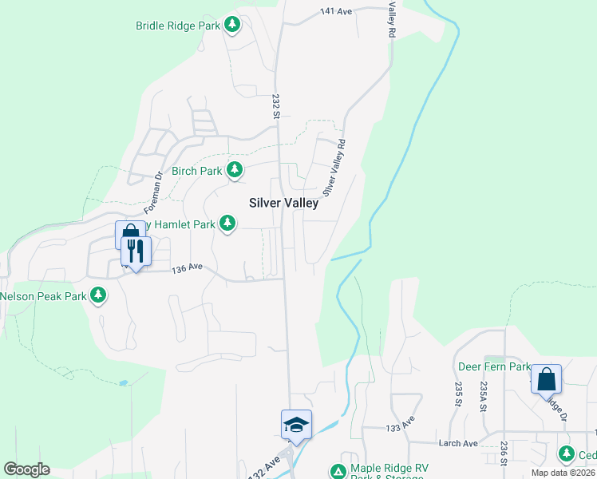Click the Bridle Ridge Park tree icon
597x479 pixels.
pyautogui.click(x=232, y=26)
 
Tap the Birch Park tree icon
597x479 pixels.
pyautogui.click(x=235, y=170)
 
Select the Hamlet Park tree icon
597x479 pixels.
pyautogui.click(x=228, y=224)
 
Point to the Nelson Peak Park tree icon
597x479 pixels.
pyautogui.click(x=98, y=295)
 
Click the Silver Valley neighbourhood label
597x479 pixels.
pyautogui.click(x=283, y=203)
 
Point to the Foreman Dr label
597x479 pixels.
pyautogui.click(x=153, y=192)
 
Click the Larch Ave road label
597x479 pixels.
pyautogui.click(x=458, y=443)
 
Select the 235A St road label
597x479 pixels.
pyautogui.click(x=483, y=396)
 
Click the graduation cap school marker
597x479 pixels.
pyautogui.click(x=296, y=424)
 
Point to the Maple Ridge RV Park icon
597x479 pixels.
pyautogui.click(x=338, y=471)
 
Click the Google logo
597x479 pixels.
pyautogui.click(x=26, y=469)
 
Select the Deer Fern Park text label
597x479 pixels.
pyautogui.click(x=494, y=367)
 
